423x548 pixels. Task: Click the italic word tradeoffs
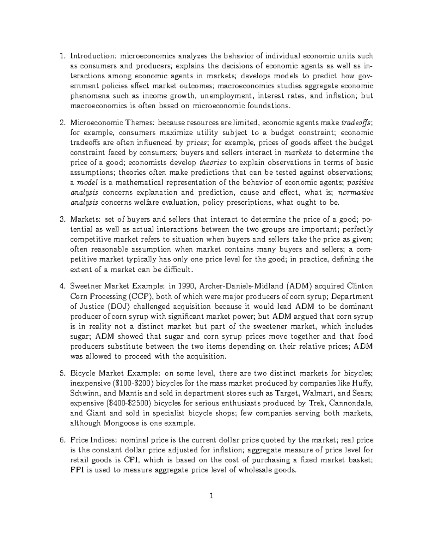click(357, 123)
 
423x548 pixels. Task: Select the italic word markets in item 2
click(298, 153)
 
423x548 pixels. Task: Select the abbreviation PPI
click(77, 470)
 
